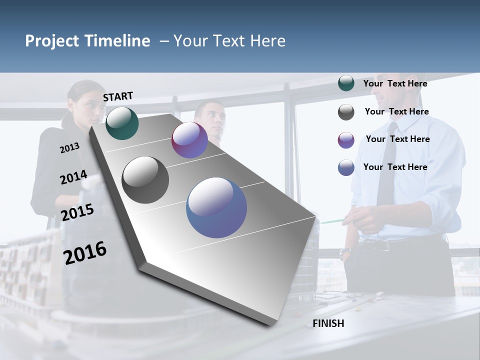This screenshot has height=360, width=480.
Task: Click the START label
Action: coord(118,96)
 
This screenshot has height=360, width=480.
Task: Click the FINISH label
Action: coord(328,323)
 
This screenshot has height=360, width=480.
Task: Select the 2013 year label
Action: coord(69,148)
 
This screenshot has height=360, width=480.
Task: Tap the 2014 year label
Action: coord(73,177)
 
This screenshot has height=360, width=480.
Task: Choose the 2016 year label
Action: coord(85,253)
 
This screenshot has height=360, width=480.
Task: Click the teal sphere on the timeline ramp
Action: coord(122,123)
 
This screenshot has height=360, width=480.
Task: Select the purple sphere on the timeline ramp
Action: coord(189,140)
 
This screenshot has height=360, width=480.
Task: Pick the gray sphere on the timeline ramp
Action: coord(145,180)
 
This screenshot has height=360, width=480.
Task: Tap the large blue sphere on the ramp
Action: coord(216,207)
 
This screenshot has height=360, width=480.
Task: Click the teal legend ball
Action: coord(346,83)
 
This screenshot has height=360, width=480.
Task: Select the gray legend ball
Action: coord(346,112)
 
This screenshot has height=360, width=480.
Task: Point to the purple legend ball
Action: coord(346,140)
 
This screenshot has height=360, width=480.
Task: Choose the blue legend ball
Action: coord(346,167)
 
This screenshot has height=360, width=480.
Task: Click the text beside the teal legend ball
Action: coord(395,83)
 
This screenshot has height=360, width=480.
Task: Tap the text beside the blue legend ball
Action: coord(395,167)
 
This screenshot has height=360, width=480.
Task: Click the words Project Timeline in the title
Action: coord(87,41)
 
